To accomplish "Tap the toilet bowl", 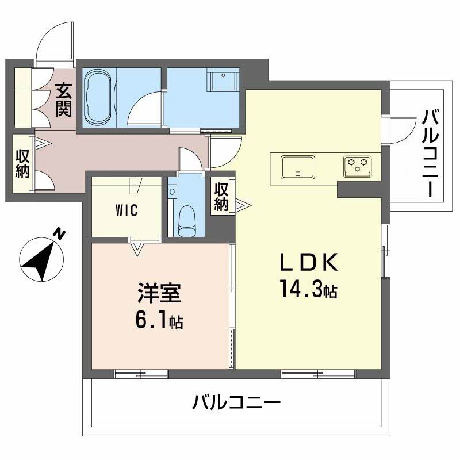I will (x=187, y=221).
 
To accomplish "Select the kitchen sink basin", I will (x=297, y=167).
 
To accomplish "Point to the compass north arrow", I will (x=41, y=258).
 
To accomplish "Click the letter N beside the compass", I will (x=59, y=233).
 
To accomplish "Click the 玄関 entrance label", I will (x=63, y=99).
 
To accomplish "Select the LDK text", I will (x=307, y=262).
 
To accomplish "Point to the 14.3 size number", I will (x=301, y=287).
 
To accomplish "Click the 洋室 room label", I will (x=159, y=293).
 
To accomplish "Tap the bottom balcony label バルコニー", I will (x=236, y=402).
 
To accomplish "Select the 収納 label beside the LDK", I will (x=222, y=195).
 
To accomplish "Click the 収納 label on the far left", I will (x=21, y=163).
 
